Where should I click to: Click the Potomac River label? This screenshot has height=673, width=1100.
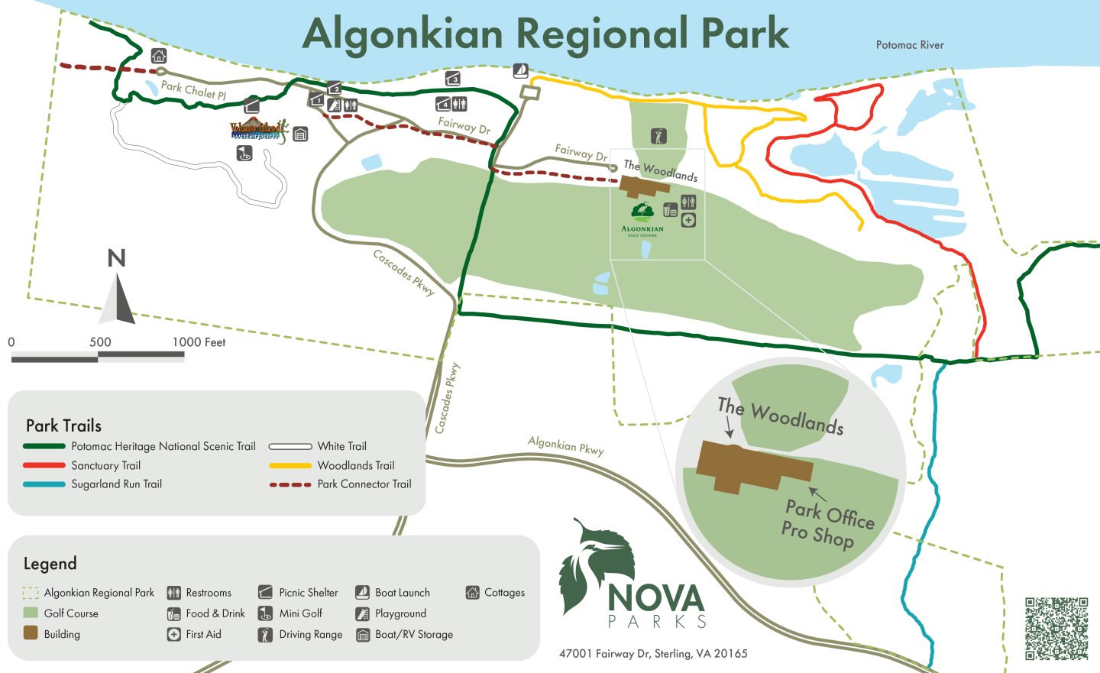[x=909, y=45]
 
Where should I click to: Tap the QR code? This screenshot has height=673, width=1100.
[x=1056, y=628]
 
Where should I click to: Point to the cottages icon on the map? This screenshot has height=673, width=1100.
[x=158, y=56]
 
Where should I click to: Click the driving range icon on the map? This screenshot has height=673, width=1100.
[x=658, y=136]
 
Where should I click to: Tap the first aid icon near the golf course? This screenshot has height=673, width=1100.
[x=688, y=220]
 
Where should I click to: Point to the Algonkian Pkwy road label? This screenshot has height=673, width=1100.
[x=565, y=445]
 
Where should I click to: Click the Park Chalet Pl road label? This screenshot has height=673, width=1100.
[x=193, y=91]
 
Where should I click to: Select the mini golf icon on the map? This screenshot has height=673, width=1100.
[x=244, y=153]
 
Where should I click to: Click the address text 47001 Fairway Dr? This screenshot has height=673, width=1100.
[x=653, y=653]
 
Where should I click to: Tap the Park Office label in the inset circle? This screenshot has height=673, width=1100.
[x=830, y=513]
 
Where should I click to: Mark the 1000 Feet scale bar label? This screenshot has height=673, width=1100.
[x=199, y=342]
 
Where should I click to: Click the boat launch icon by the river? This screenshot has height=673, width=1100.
[x=520, y=71]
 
